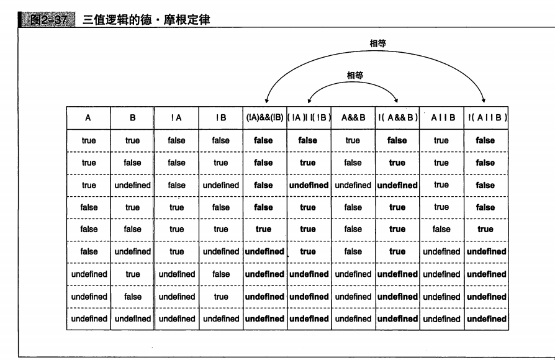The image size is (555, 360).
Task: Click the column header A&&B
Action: tap(353, 117)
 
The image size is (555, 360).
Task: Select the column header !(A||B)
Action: tap(485, 117)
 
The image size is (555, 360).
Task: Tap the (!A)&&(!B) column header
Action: tap(263, 117)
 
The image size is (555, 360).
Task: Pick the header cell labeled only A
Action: tap(89, 117)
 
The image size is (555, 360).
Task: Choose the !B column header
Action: tap(220, 117)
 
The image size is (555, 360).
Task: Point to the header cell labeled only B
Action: tap(132, 117)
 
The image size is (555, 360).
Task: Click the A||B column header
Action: tap(441, 117)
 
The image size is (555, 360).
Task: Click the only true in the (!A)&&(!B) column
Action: tap(263, 229)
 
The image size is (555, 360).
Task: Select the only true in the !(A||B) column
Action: tap(485, 229)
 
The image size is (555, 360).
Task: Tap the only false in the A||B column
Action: tap(441, 229)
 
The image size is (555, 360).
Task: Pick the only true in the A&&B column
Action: tap(353, 140)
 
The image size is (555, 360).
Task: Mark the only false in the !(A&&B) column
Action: tap(397, 140)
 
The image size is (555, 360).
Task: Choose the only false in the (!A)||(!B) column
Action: tap(308, 140)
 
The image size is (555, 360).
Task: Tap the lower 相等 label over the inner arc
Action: tap(354, 75)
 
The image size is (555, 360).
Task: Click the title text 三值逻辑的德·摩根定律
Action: tap(146, 20)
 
